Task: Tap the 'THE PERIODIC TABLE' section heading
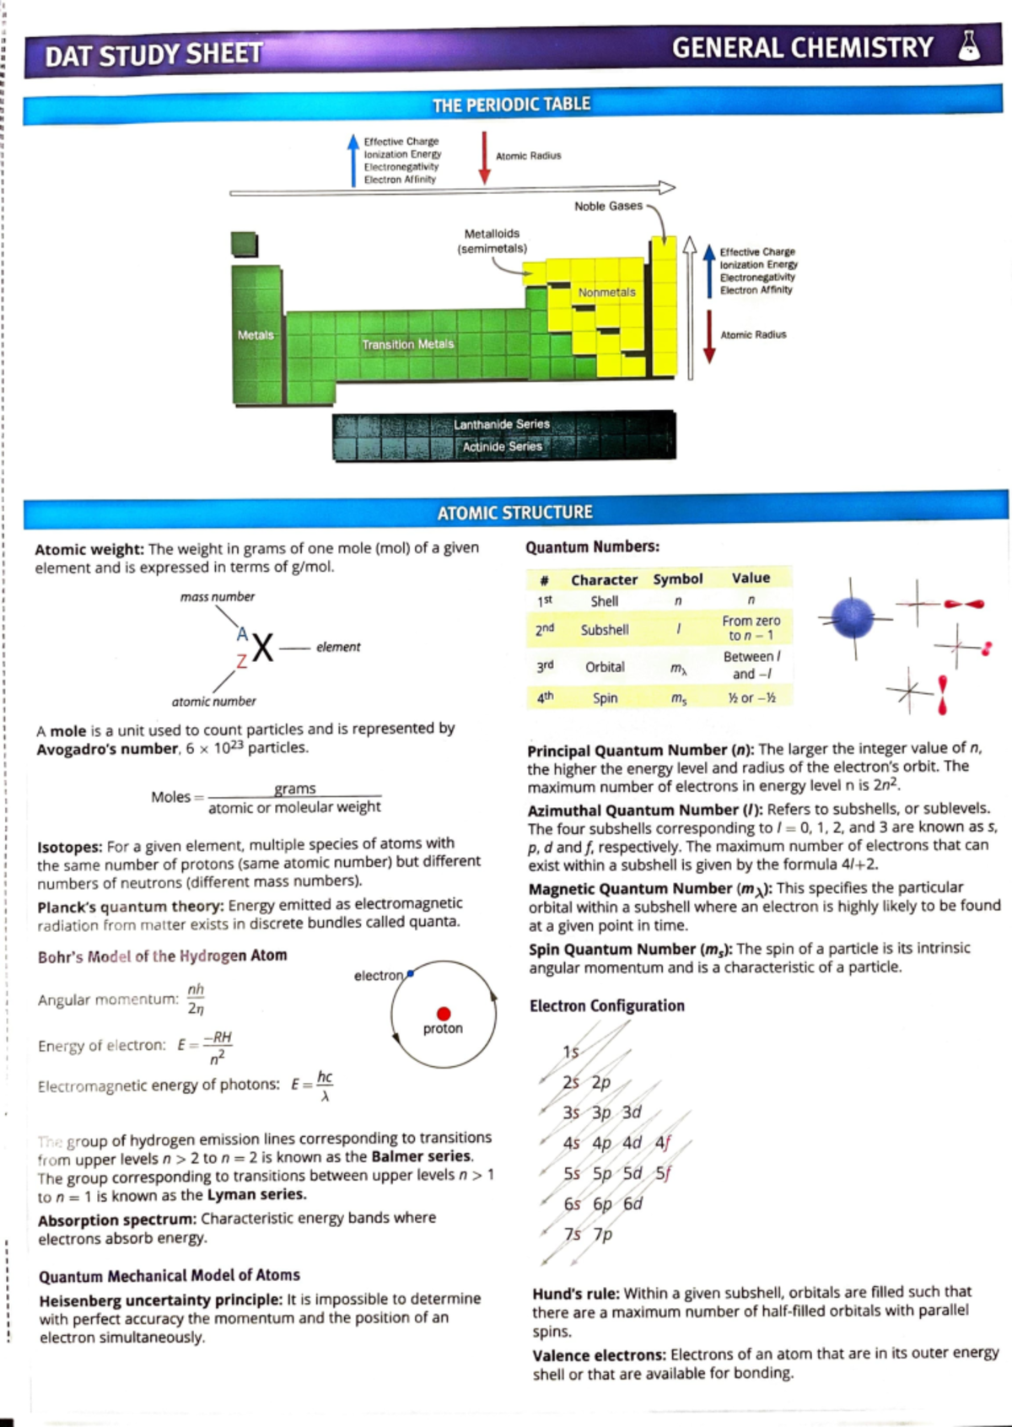(x=511, y=105)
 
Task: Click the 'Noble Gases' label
(x=607, y=206)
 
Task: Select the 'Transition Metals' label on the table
(x=407, y=344)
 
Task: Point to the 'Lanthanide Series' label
(x=501, y=424)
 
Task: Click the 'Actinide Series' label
(x=501, y=446)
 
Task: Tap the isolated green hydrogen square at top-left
(x=245, y=245)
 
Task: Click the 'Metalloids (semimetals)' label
(x=492, y=241)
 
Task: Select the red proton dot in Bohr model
(x=444, y=1013)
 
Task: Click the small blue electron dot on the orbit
(x=410, y=973)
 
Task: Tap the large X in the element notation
(x=263, y=649)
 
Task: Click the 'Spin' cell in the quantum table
(x=605, y=698)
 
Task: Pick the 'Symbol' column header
(x=677, y=579)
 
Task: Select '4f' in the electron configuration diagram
(x=663, y=1143)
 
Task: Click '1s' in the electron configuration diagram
(x=571, y=1052)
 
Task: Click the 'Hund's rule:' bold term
(x=576, y=1293)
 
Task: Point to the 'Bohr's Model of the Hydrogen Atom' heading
(x=162, y=956)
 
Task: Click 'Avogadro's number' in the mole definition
(x=107, y=749)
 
